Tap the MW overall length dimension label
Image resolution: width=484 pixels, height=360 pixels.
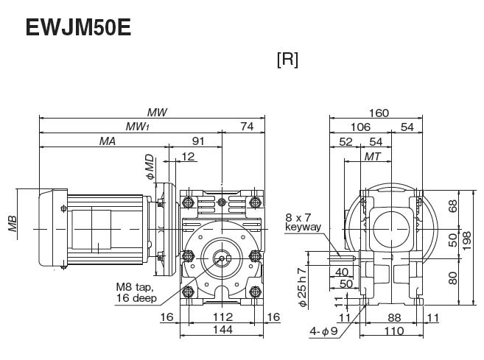pos(156,113)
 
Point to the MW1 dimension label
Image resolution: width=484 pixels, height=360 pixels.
pos(136,127)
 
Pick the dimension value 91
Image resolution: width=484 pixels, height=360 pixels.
pos(198,140)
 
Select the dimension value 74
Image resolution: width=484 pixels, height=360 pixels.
pos(247,127)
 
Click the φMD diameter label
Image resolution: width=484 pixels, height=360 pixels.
pos(150,166)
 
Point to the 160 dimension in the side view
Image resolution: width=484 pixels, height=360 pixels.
pos(378,113)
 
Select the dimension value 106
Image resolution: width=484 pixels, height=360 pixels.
pos(361,127)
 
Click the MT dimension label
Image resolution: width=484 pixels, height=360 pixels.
pos(373,158)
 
